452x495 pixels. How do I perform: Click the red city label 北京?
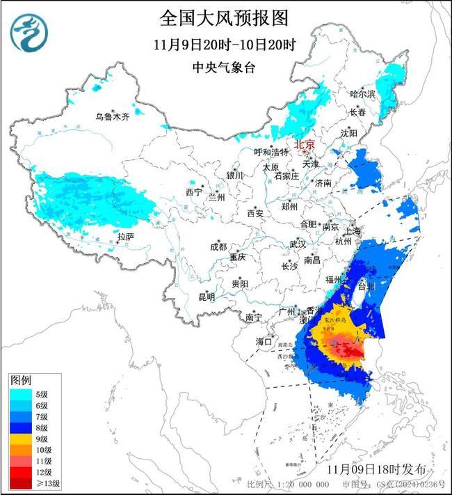(x=305, y=145)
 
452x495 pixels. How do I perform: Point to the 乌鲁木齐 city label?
(x=113, y=116)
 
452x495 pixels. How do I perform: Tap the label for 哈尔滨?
(x=362, y=93)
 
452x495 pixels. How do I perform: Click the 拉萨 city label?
(x=125, y=237)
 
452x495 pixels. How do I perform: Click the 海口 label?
(x=264, y=341)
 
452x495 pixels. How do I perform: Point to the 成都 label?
(x=218, y=246)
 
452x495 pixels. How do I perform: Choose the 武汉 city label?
(x=298, y=244)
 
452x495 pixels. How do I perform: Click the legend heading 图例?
(x=20, y=381)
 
